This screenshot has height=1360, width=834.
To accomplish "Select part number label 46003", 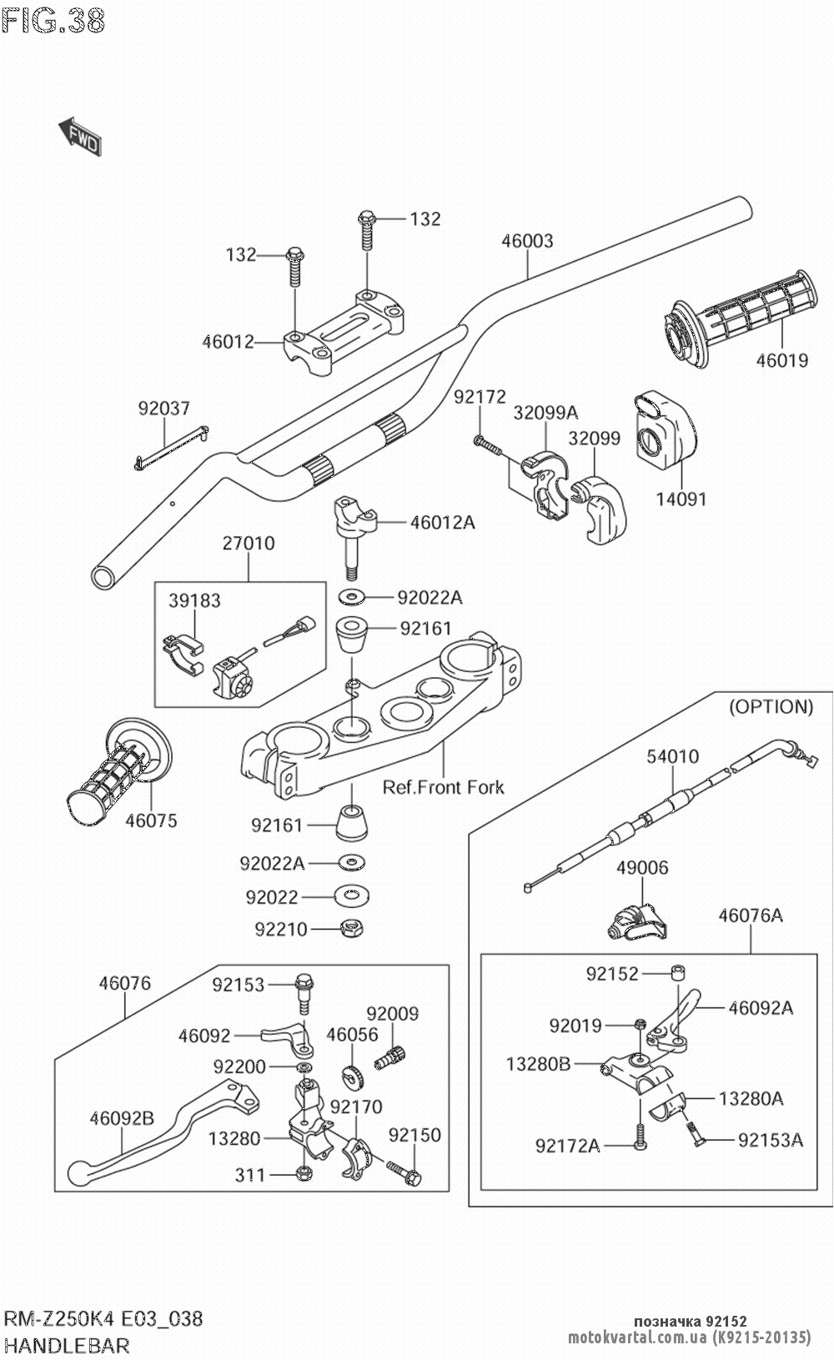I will point(527,241).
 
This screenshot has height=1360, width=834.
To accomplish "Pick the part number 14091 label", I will point(680,499).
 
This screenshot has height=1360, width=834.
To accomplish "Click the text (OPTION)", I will point(771,707).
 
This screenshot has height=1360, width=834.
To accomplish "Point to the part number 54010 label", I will point(673,756).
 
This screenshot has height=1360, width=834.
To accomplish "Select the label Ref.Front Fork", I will point(444,786).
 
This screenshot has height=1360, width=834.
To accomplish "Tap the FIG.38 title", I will point(54,21).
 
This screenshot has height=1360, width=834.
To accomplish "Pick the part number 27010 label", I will point(249,544).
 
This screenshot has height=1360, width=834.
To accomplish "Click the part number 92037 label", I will point(164,409).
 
